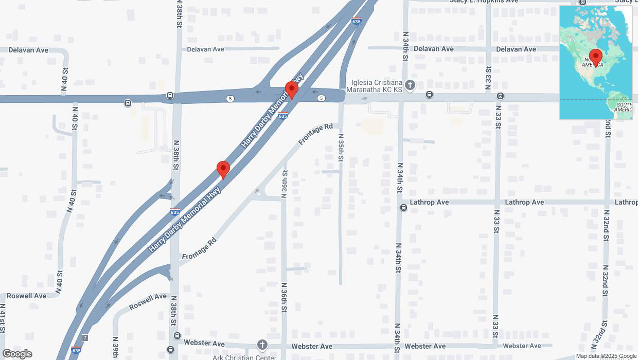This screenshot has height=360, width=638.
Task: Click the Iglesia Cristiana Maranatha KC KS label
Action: pos(377,86)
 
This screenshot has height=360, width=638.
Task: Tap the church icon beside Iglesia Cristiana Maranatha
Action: pos(410,85)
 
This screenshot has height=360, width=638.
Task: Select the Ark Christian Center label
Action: pos(244,357)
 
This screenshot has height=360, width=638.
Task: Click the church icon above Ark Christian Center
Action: pos(262,345)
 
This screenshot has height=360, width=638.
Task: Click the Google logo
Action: pos(17,354)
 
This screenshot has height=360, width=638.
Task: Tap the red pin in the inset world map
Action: pos(596,57)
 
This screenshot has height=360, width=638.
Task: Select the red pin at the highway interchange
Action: pos(292,90)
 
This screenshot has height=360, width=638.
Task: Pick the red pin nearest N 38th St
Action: pos(223,169)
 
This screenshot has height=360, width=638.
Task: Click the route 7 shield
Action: pos(85,338)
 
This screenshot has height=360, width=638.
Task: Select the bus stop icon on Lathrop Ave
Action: pos(404,208)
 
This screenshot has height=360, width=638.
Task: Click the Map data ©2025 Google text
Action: pos(606,356)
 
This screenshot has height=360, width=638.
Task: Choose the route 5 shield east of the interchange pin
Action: pos(322,98)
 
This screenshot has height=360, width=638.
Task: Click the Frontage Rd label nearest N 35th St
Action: pos(315,134)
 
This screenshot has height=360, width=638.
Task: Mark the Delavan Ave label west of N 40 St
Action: pos(29,50)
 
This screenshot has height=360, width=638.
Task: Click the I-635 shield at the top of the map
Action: pos(356,21)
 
